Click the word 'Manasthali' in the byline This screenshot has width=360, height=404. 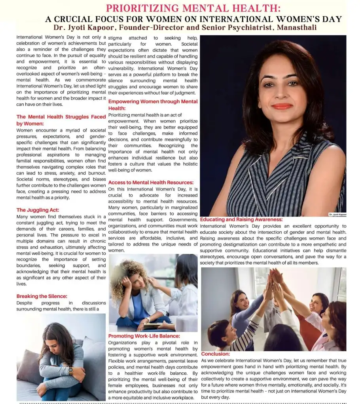click(297, 28)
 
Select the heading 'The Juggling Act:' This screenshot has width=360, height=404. click(38, 210)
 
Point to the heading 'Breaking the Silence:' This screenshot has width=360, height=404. click(42, 296)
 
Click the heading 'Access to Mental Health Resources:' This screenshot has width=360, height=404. click(151, 183)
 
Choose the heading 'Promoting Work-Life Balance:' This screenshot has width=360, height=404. click(144, 336)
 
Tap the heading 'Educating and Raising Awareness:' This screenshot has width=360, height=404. click(241, 219)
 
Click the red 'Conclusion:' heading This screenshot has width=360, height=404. click(216, 354)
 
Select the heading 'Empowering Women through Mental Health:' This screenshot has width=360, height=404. click(153, 105)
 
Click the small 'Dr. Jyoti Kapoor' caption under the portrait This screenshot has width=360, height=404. click(337, 214)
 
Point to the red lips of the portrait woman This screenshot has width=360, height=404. click(282, 106)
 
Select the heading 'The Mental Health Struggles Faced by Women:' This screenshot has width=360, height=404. click(61, 120)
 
